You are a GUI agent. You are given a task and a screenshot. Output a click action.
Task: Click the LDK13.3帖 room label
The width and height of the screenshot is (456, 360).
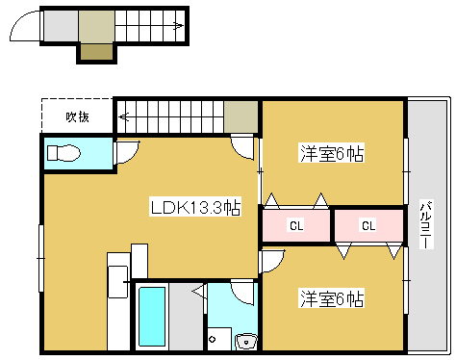pos(194,207)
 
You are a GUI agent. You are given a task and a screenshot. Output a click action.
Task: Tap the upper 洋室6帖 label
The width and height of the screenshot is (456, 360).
pos(332,154)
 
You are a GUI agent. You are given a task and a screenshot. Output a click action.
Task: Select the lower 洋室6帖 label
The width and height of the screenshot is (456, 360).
pos(331,298)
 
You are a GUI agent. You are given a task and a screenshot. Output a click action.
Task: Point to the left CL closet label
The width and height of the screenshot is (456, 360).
pos(296,227)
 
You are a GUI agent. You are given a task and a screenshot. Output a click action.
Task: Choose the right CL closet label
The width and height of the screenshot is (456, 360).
pos(367,227)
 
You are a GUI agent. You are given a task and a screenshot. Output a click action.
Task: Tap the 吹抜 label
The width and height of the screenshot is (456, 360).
pos(77,117)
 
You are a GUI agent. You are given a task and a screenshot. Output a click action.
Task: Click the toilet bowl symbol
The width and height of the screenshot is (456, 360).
pos(65,153)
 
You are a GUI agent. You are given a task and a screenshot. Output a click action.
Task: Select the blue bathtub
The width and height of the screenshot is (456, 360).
pos(151,319)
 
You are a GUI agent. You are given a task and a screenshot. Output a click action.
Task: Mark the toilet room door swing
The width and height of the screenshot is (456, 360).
pos(127,152)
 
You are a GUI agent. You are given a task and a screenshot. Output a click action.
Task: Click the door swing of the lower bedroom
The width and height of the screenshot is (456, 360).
pos(272,260)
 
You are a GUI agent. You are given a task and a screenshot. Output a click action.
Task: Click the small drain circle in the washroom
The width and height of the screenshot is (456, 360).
pos(213,339)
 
